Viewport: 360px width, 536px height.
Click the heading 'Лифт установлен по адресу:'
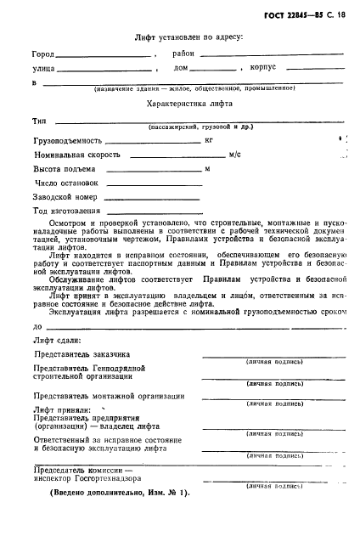coord(188,37)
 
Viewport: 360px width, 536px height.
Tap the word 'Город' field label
coord(42,54)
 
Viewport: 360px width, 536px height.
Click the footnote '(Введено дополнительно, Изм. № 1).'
coord(107,493)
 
